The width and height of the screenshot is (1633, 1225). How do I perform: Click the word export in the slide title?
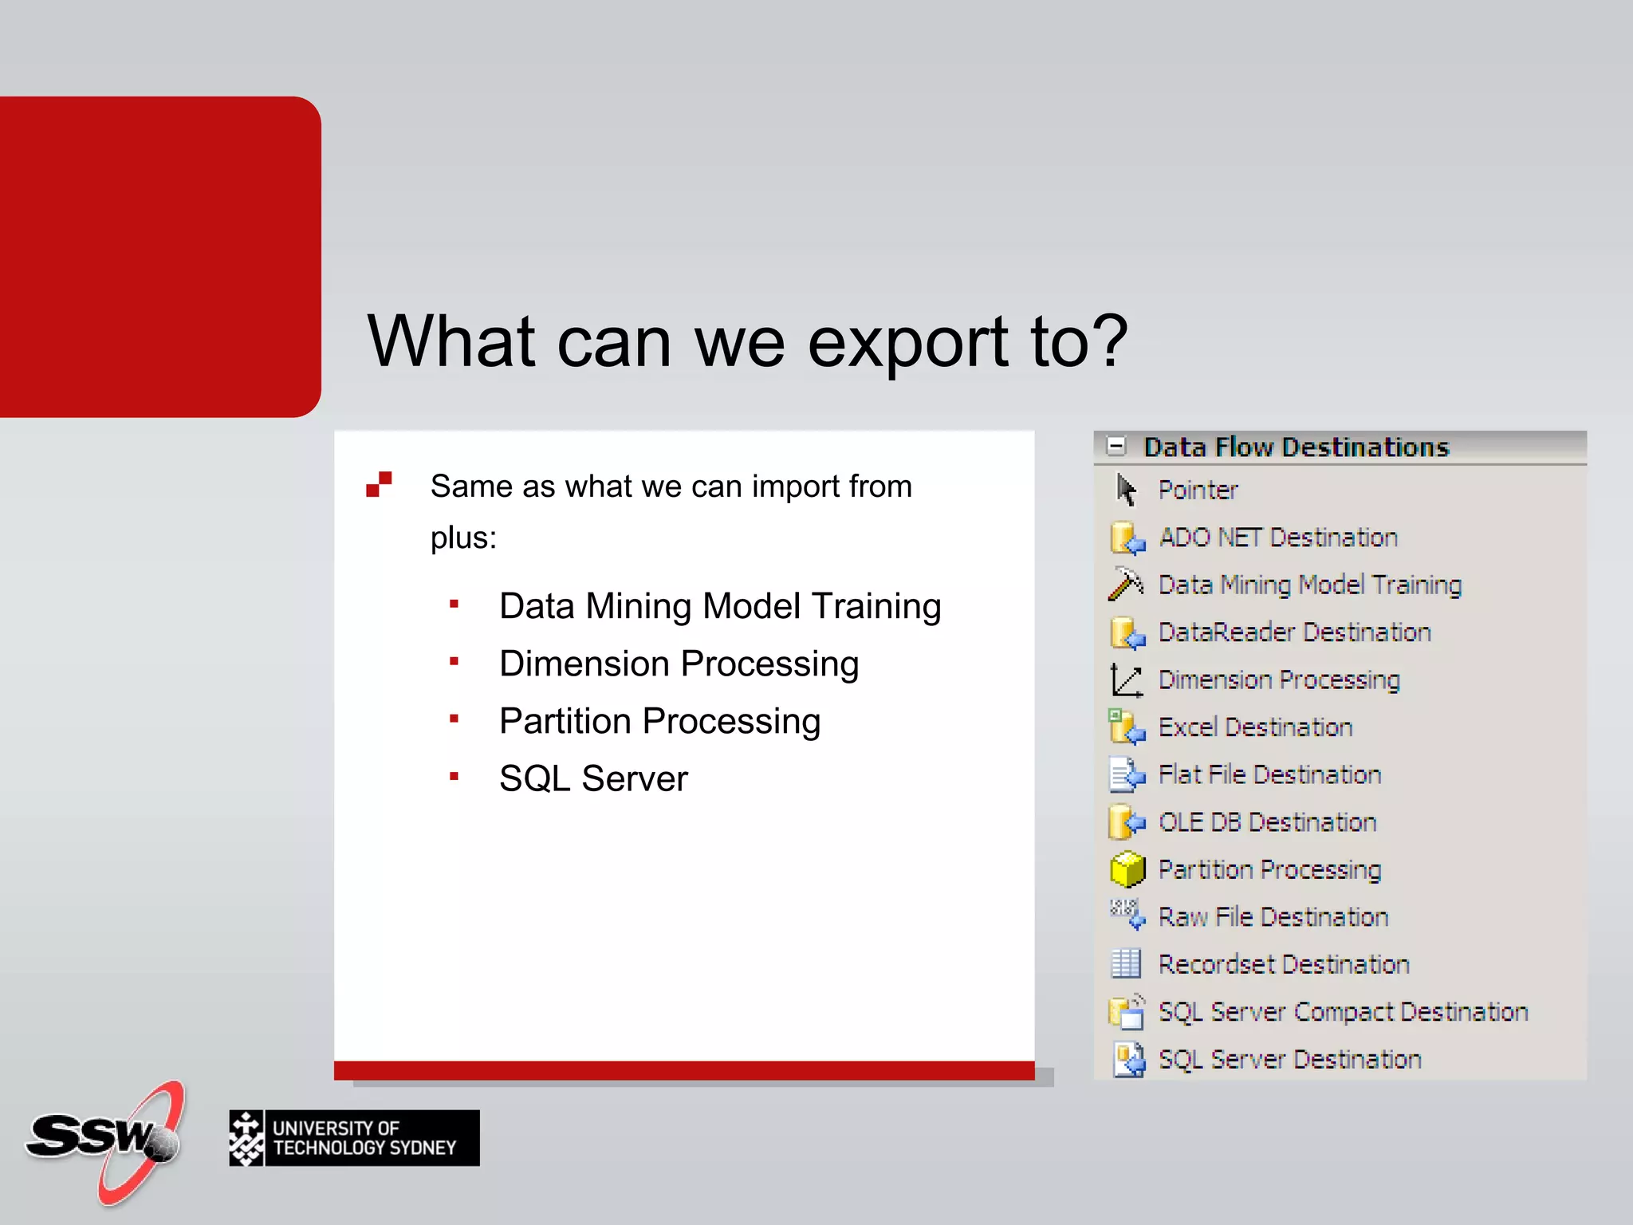(x=907, y=343)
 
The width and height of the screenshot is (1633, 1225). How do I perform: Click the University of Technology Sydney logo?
(x=354, y=1138)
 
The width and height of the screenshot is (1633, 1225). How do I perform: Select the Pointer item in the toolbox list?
(x=1197, y=490)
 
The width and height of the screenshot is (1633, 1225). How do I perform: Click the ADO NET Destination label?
(x=1277, y=538)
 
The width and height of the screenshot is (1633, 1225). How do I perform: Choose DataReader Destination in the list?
(x=1293, y=632)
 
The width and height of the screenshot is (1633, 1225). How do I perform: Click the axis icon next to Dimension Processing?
(x=1126, y=680)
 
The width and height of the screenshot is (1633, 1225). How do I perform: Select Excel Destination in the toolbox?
(x=1254, y=727)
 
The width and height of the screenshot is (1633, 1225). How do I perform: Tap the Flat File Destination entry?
(x=1269, y=774)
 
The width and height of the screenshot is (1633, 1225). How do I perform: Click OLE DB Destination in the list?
(x=1266, y=822)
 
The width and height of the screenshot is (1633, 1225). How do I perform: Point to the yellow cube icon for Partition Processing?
(x=1127, y=869)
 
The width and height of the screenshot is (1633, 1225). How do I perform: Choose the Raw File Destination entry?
(x=1273, y=917)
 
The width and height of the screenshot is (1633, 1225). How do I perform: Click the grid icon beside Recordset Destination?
(x=1126, y=964)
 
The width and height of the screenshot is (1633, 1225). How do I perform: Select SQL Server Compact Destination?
(x=1342, y=1012)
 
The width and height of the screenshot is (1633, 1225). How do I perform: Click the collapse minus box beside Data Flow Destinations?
(x=1116, y=447)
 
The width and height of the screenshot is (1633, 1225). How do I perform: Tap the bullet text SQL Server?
(x=592, y=778)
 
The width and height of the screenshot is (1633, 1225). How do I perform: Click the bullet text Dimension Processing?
(x=679, y=664)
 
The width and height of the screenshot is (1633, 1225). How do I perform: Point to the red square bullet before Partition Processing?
(x=454, y=719)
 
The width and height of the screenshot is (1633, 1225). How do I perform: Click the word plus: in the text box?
(x=463, y=538)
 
